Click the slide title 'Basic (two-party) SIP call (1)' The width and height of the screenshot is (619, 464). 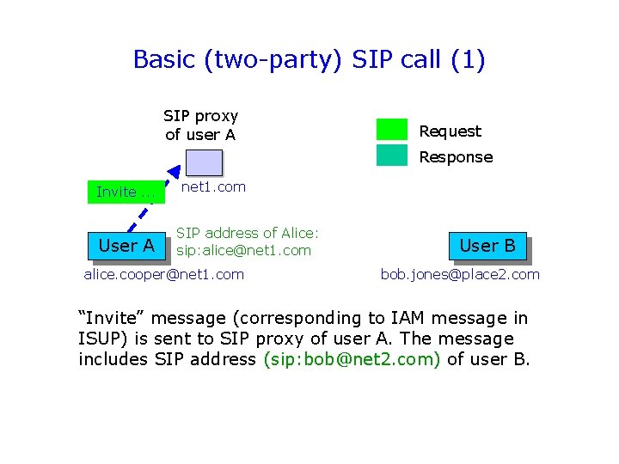tap(309, 59)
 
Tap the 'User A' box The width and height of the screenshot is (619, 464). tap(126, 246)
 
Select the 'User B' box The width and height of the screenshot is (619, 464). tap(487, 246)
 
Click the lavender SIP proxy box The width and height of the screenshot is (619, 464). tap(205, 162)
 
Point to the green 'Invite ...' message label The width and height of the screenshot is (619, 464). tap(126, 192)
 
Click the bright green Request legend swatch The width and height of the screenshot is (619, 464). tap(391, 130)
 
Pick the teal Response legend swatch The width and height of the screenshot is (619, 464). tap(391, 156)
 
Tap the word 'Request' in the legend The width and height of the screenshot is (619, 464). tap(450, 131)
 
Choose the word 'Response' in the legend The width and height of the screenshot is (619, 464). tap(456, 157)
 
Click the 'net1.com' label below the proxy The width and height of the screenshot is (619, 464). tap(214, 186)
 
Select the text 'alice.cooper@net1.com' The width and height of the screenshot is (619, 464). tap(163, 274)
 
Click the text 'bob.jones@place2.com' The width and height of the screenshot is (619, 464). tap(460, 274)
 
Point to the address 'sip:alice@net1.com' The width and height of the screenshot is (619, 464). tap(243, 251)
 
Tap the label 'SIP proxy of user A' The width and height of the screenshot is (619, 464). tap(200, 125)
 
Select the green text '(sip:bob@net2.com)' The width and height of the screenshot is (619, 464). tap(352, 359)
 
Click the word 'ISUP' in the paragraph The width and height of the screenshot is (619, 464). tap(100, 339)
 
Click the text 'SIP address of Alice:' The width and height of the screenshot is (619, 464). tap(248, 232)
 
